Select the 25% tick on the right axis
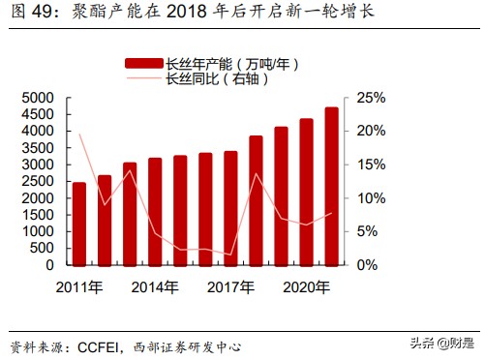[371, 98]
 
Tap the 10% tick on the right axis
[371, 197]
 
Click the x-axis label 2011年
[79, 286]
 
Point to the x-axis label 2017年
[230, 286]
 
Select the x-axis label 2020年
[306, 286]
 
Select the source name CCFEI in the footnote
[101, 345]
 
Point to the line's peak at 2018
[256, 174]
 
